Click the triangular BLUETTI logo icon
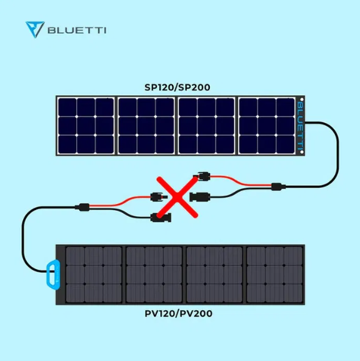(x=35, y=29)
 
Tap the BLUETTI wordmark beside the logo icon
(x=77, y=31)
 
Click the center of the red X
(x=177, y=197)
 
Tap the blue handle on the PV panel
(x=53, y=274)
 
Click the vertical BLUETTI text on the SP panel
(x=301, y=126)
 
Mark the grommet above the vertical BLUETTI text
(x=302, y=99)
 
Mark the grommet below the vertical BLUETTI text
(x=302, y=152)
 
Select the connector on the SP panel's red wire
(x=202, y=176)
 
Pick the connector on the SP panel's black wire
(x=199, y=197)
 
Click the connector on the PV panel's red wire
(x=159, y=197)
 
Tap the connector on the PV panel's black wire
(x=161, y=218)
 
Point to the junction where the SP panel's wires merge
(x=278, y=186)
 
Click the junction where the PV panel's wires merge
(x=82, y=207)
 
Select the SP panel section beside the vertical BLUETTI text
(x=267, y=126)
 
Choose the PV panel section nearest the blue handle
(x=94, y=275)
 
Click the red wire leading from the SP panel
(x=241, y=181)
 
